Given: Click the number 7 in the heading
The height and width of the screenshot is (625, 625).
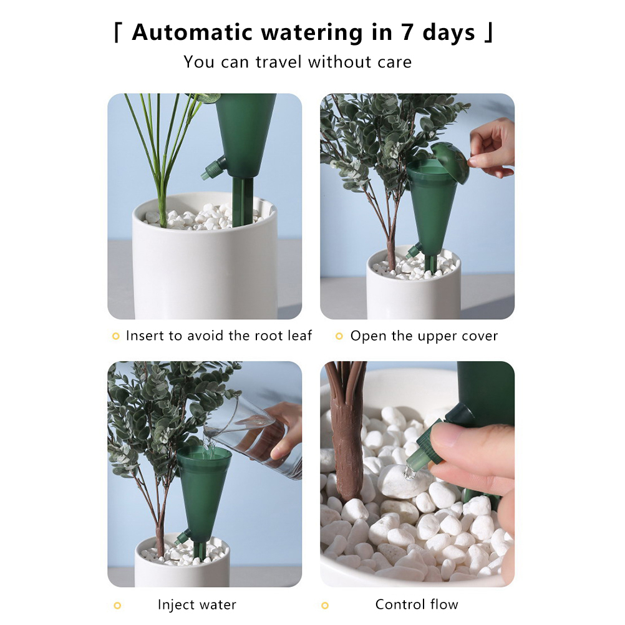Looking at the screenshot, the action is pyautogui.click(x=407, y=32).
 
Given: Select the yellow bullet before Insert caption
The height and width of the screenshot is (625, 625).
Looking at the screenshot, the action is pyautogui.click(x=115, y=336).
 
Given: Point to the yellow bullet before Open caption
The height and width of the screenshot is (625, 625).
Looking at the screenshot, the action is pyautogui.click(x=339, y=336).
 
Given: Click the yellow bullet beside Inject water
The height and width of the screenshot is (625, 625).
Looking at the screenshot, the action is pyautogui.click(x=117, y=606).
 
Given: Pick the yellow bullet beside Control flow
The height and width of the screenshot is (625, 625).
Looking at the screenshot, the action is pyautogui.click(x=325, y=606).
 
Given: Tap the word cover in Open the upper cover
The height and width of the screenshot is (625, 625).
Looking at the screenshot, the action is pyautogui.click(x=480, y=336).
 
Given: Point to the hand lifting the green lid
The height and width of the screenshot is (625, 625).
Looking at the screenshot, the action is pyautogui.click(x=493, y=148).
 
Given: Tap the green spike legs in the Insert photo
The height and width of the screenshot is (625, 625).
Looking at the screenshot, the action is pyautogui.click(x=242, y=201).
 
